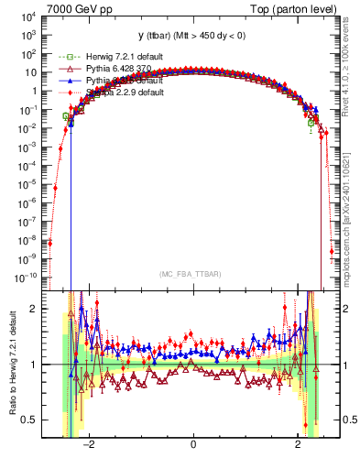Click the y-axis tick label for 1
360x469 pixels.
(x=33, y=92)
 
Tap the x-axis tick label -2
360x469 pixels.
(x=89, y=444)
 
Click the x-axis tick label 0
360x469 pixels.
(x=193, y=444)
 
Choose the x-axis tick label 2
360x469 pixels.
(x=298, y=444)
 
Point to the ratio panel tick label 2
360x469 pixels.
(x=34, y=309)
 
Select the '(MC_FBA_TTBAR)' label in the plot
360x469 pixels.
(x=192, y=275)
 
